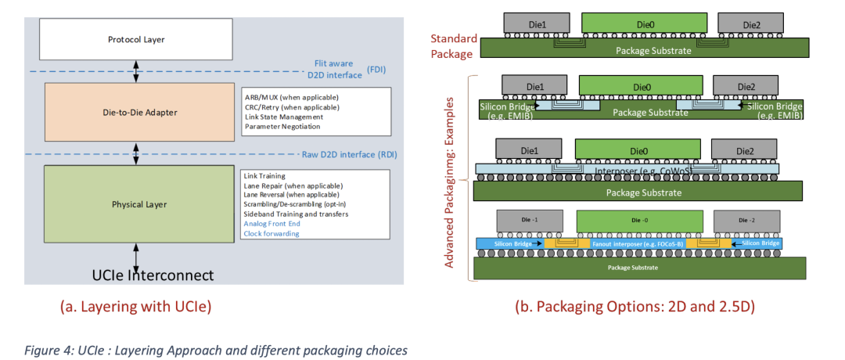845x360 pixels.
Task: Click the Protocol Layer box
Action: click(136, 40)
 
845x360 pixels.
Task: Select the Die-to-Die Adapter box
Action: click(139, 113)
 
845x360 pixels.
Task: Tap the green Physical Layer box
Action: click(139, 204)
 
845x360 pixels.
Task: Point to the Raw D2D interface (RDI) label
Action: click(349, 155)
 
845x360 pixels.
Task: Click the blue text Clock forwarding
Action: click(271, 233)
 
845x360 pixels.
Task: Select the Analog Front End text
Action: click(271, 224)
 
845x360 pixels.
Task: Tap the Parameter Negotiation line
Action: click(283, 127)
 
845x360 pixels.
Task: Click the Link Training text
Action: click(264, 175)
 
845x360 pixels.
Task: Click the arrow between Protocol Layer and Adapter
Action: click(136, 70)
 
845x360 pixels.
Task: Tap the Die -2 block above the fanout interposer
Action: click(746, 220)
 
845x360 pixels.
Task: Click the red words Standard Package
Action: click(454, 46)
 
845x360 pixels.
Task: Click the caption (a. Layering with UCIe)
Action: click(136, 307)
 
